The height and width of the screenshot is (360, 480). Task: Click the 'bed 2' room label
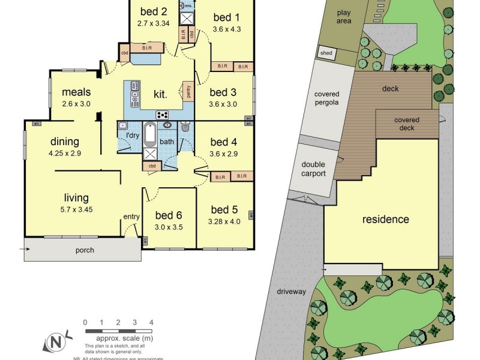153,11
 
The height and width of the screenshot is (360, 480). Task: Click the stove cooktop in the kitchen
162,115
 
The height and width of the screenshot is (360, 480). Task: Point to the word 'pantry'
189,91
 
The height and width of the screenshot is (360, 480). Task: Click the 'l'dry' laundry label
133,135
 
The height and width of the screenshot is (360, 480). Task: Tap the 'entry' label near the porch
131,217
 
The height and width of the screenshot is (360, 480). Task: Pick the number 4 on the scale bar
151,322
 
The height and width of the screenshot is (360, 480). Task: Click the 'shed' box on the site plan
326,53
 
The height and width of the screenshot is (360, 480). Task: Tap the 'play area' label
344,16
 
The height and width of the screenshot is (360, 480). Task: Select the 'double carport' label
313,169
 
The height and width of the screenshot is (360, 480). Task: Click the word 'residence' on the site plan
385,219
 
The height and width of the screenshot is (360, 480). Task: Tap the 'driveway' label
292,292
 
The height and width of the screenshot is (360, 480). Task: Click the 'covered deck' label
407,124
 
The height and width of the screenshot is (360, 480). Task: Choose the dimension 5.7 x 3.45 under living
77,209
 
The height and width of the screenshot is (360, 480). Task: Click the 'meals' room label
76,92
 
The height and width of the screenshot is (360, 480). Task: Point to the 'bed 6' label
169,215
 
